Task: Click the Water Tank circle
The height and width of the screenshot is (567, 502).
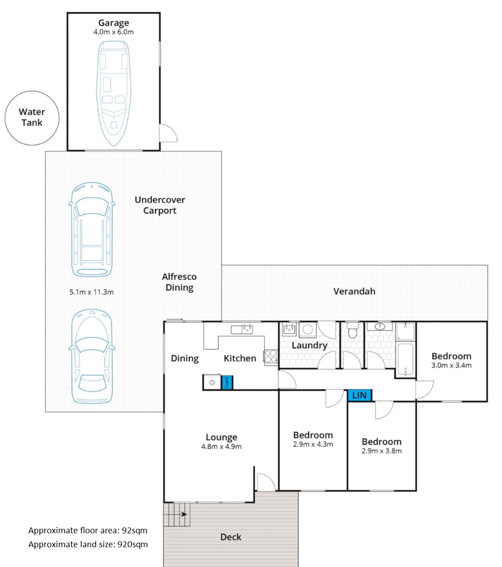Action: (x=32, y=118)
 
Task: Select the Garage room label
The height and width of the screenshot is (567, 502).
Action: (x=114, y=23)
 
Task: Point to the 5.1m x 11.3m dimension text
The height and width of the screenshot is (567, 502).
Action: (x=91, y=292)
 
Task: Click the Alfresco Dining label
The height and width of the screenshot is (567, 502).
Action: (x=179, y=282)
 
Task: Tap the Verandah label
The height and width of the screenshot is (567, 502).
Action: (x=354, y=291)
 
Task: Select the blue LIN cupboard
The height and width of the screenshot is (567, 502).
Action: (x=359, y=395)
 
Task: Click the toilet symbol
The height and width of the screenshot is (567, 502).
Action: (x=352, y=332)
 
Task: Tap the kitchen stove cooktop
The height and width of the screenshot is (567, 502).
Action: (x=271, y=356)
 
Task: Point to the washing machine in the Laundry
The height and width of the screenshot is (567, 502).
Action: (x=308, y=329)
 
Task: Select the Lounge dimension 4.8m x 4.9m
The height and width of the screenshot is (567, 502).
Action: (x=221, y=447)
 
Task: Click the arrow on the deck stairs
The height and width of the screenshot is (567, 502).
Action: (x=184, y=514)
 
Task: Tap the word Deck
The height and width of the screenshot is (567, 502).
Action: (x=231, y=537)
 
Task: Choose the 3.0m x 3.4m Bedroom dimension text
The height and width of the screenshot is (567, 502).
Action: (x=451, y=365)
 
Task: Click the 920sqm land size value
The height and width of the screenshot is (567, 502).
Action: (x=132, y=545)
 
